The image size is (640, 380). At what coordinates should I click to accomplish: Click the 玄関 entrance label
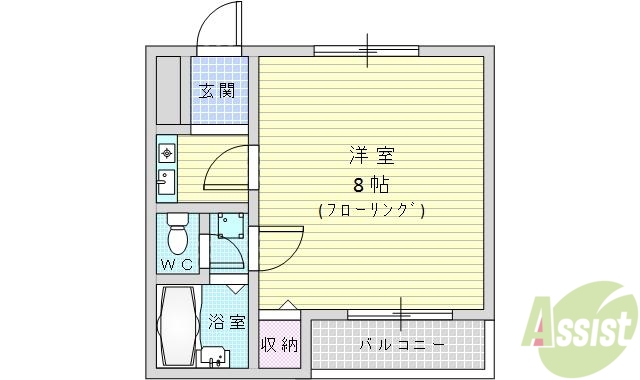coord(217,91)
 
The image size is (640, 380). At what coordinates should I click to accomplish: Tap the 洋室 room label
coord(371,156)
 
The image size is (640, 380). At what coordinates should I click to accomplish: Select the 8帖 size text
coord(371,185)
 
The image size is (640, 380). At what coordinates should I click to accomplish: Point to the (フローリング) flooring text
coord(371,210)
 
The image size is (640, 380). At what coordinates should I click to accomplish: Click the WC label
coord(176,265)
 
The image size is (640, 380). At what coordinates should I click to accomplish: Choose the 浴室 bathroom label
coord(227,322)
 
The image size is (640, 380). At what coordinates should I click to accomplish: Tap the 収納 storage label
coord(279,345)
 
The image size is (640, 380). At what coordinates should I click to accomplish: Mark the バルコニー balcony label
coord(402,345)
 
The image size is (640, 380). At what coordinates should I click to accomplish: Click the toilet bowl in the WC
coord(178,237)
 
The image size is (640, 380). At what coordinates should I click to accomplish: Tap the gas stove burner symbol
coord(166,153)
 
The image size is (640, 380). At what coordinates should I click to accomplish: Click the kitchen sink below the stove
coord(166,183)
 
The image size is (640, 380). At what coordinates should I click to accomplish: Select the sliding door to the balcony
coord(399,315)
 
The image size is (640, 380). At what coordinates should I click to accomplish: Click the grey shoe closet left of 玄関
coord(168,90)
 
